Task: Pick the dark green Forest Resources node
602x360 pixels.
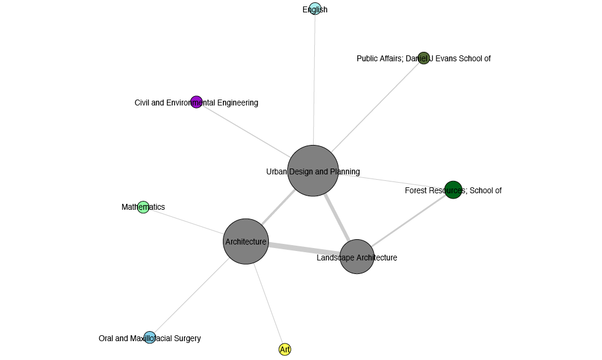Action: click(453, 190)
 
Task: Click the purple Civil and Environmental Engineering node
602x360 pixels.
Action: click(196, 102)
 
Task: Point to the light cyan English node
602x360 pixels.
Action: click(315, 9)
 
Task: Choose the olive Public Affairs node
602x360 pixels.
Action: click(423, 58)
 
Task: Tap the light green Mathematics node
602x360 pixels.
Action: click(143, 207)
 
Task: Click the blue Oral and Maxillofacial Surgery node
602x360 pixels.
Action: click(150, 338)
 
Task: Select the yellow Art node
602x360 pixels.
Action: click(285, 349)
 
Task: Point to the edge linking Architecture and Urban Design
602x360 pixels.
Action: click(277, 207)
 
